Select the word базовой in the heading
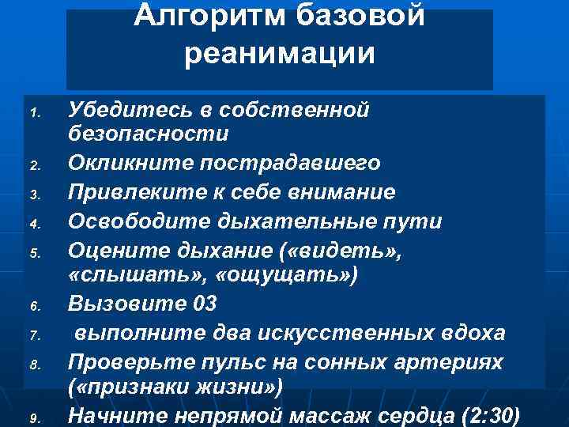[362, 14]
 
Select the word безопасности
[148, 134]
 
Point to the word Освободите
[135, 221]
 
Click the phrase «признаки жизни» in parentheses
[175, 387]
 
